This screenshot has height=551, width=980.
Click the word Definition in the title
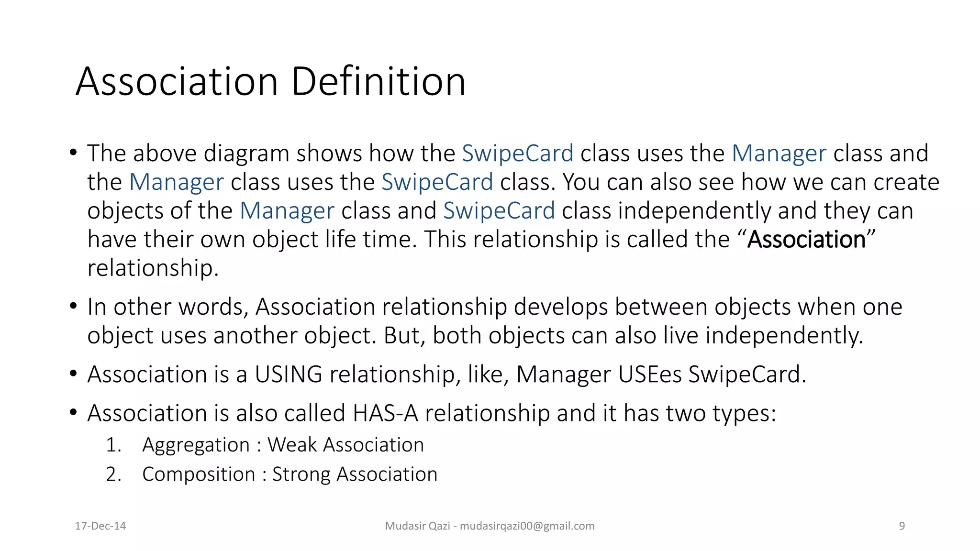[378, 81]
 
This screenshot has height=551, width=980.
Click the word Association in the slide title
[177, 81]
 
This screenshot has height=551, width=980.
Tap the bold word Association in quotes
[806, 239]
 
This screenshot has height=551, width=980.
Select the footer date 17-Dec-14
[100, 526]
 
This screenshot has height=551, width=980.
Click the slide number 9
[902, 526]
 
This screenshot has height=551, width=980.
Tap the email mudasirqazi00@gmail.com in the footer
[527, 526]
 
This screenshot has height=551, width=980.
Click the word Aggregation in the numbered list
[196, 445]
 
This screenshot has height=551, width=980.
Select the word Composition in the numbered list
[199, 474]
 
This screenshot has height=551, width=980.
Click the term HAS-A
[385, 413]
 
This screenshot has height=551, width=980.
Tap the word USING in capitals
[289, 375]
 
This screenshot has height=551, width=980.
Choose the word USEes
[650, 375]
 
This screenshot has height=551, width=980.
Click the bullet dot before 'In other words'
[73, 306]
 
